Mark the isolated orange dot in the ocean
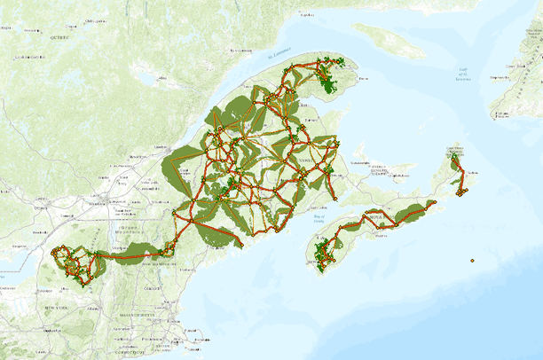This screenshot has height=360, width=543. click(473, 261)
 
